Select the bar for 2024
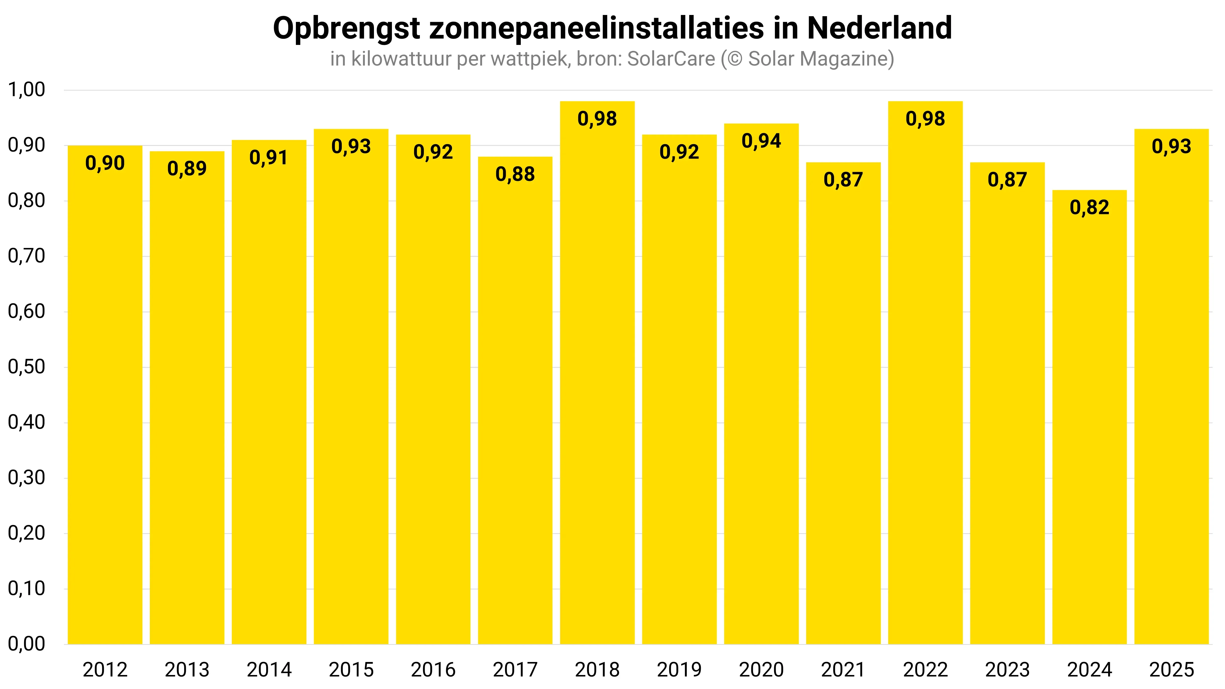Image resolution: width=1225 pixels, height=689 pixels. click(1089, 419)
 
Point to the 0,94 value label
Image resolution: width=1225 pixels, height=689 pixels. click(761, 141)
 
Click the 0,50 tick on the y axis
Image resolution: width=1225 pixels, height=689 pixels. click(27, 367)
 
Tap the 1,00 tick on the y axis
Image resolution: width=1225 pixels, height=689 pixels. click(27, 90)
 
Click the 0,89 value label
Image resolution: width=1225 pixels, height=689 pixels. click(187, 169)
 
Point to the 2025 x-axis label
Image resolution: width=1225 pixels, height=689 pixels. click(1171, 670)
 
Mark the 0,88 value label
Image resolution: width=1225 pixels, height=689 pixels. click(515, 175)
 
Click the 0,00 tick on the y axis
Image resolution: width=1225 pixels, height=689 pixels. click(27, 644)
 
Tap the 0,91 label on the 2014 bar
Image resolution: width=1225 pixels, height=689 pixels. click(269, 158)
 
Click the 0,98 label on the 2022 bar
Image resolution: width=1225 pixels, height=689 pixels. click(925, 119)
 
